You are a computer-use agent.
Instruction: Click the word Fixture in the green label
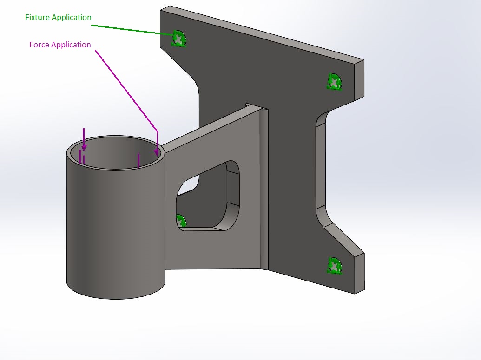coord(37,18)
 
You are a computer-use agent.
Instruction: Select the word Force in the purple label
coord(39,45)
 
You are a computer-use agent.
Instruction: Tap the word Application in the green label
coord(72,18)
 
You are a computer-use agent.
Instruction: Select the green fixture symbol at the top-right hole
coord(335,82)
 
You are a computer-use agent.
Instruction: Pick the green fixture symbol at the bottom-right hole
coord(335,266)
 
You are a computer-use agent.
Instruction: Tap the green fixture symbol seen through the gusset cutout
coord(181,221)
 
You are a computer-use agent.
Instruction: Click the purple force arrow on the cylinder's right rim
coord(157,144)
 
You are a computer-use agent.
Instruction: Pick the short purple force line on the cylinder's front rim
coord(138,160)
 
